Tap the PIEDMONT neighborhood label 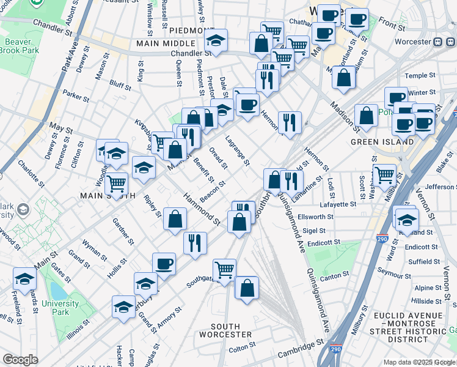coord(192,31)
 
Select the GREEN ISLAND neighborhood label coord(379,142)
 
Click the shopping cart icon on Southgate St coord(225,269)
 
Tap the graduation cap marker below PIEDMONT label coord(216,40)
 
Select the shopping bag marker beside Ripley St coord(175,220)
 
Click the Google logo coord(20,360)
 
